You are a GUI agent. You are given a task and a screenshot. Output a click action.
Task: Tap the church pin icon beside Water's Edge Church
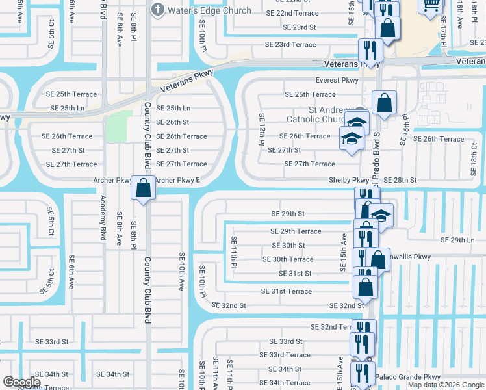click(157, 10)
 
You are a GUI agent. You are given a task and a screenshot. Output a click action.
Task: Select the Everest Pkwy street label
click(337, 80)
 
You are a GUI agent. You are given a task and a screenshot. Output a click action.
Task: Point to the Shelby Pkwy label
click(349, 180)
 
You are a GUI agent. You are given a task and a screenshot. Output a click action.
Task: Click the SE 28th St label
click(400, 180)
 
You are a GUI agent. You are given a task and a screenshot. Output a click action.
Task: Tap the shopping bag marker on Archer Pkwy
click(143, 188)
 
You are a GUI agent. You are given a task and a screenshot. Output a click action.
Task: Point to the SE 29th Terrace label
click(296, 231)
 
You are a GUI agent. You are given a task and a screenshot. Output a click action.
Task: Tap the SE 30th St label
click(288, 246)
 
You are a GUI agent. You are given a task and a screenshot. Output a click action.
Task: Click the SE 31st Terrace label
click(286, 291)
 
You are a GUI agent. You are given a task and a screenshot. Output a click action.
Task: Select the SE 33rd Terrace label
click(285, 355)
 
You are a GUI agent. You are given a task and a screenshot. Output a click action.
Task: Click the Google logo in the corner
click(22, 382)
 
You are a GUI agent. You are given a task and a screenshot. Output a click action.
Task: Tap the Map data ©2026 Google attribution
click(445, 385)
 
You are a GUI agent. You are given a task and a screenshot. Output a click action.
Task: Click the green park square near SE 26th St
click(117, 126)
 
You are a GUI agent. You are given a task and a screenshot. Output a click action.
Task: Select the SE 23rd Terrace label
click(290, 44)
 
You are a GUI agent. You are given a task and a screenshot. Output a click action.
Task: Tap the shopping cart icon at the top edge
click(431, 6)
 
